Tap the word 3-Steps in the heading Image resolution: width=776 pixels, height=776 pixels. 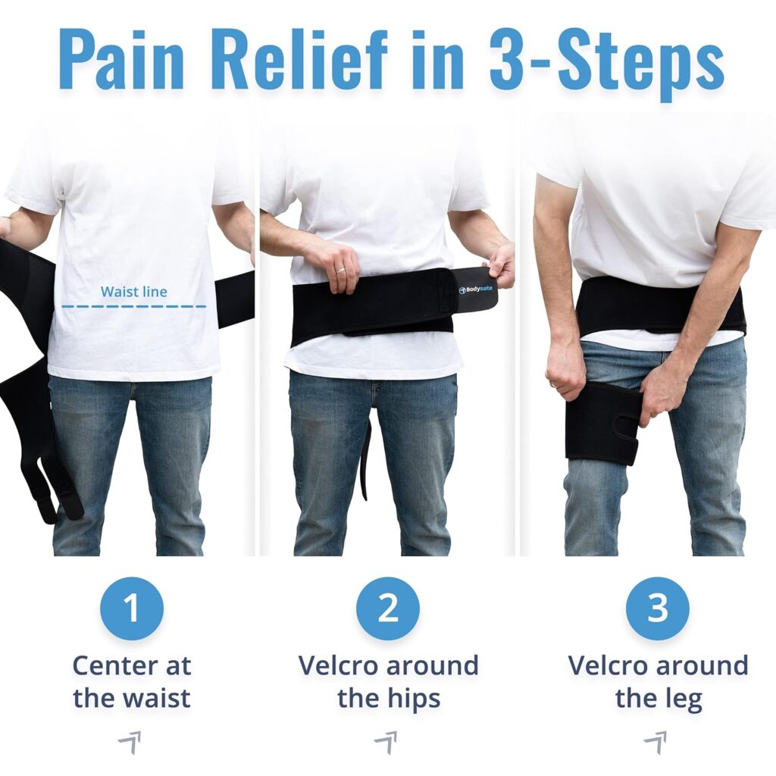607,65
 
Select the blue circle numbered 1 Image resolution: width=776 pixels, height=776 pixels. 132,609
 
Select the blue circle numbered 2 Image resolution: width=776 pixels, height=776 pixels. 388,609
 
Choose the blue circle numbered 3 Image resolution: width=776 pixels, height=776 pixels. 658,609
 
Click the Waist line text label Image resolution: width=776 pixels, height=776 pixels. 133,292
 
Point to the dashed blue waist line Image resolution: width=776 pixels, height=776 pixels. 133,306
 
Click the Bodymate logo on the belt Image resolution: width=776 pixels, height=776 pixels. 476,289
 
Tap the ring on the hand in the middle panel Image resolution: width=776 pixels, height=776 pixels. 340,271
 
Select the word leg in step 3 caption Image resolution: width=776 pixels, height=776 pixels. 684,699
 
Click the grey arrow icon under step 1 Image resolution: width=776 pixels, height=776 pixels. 130,743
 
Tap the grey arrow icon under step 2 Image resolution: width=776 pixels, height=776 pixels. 386,743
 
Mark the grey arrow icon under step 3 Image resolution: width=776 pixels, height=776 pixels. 656,743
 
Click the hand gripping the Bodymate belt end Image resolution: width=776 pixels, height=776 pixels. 501,264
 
